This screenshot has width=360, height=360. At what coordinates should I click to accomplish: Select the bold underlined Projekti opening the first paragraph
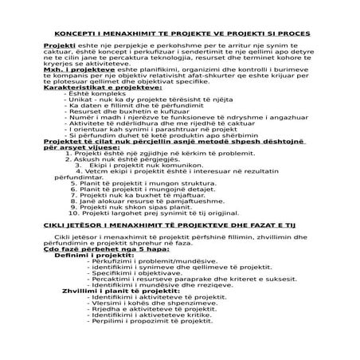57,48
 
